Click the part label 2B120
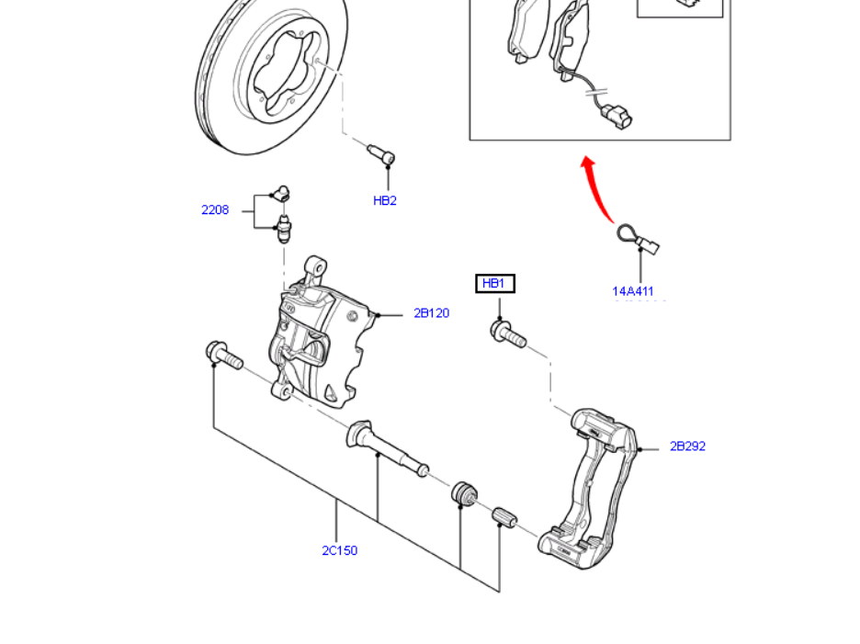(431, 313)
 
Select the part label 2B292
(687, 446)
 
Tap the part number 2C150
(339, 551)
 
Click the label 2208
(215, 210)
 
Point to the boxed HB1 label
(494, 284)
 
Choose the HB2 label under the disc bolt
(385, 201)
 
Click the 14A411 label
(633, 292)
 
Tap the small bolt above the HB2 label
(381, 154)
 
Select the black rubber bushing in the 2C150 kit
(464, 493)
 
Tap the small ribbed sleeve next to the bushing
(505, 518)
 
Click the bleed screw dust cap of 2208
(280, 193)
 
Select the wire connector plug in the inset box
(615, 117)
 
